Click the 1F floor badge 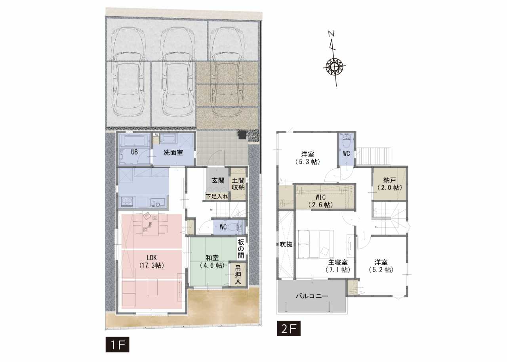(117, 344)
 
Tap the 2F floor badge (289, 328)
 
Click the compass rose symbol (334, 67)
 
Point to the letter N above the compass (332, 34)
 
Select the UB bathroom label (134, 152)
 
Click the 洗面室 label (173, 153)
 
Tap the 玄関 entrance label (218, 180)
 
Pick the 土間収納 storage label (238, 184)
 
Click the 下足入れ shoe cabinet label (217, 196)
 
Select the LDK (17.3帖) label (152, 261)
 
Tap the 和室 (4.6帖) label (212, 261)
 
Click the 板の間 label (241, 249)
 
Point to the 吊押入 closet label (238, 275)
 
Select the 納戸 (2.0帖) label (389, 184)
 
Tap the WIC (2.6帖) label (320, 201)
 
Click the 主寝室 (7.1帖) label (338, 266)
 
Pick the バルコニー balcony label (312, 296)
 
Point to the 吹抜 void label (286, 244)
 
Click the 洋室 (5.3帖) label (308, 158)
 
